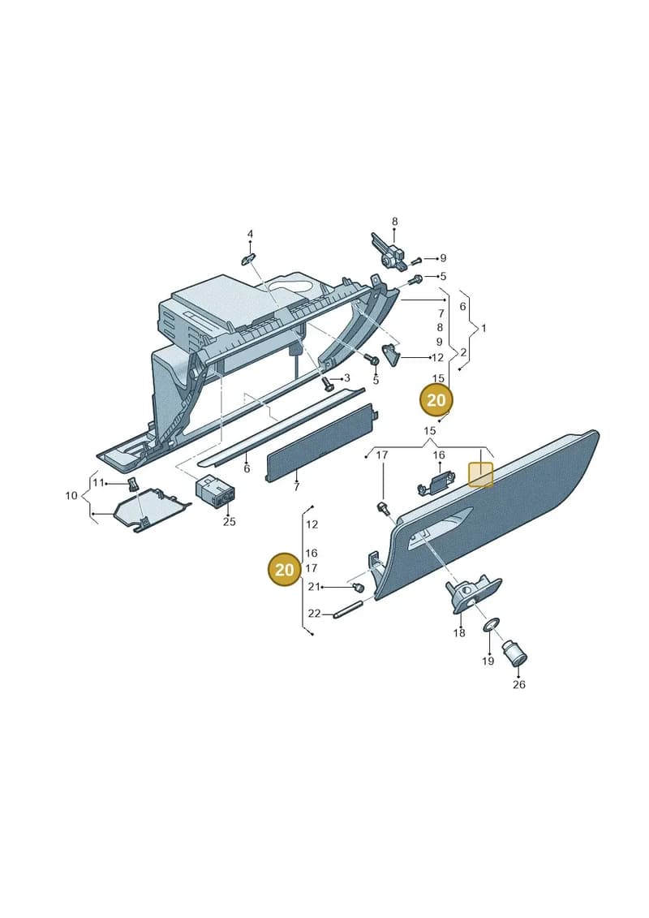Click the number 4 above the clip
(250, 235)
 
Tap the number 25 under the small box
(229, 521)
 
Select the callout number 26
(519, 684)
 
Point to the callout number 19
(488, 661)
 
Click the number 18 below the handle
(459, 633)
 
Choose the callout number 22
(314, 614)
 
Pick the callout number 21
(314, 587)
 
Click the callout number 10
(71, 496)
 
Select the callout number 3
(346, 377)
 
